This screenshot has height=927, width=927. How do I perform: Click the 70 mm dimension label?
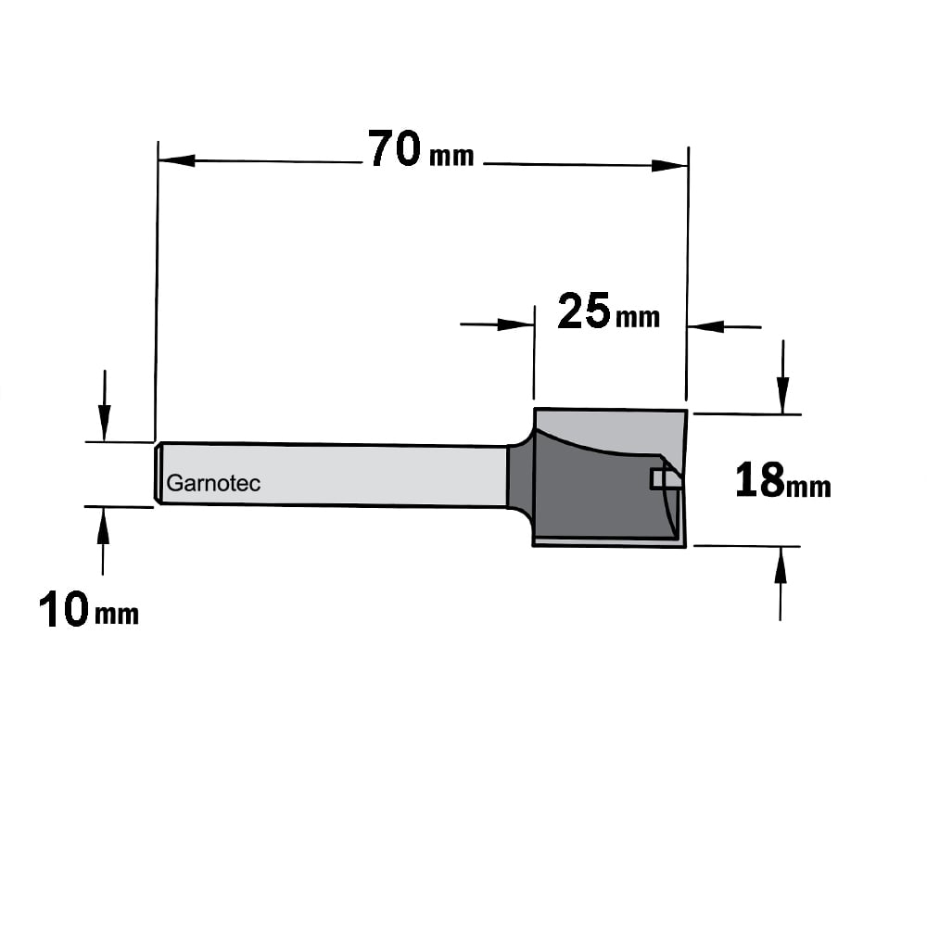pyautogui.click(x=421, y=149)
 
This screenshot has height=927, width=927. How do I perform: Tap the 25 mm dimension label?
pyautogui.click(x=608, y=311)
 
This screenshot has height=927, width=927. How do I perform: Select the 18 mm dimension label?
pyautogui.click(x=782, y=480)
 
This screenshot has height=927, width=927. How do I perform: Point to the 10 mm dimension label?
pyautogui.click(x=89, y=610)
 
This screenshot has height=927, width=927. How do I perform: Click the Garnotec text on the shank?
pyautogui.click(x=213, y=483)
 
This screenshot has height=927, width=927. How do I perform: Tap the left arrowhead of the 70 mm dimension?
pyautogui.click(x=177, y=160)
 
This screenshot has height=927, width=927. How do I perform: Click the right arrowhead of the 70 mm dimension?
pyautogui.click(x=669, y=166)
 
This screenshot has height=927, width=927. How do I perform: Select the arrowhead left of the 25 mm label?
pyautogui.click(x=516, y=324)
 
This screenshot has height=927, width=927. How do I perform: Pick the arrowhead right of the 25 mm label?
pyautogui.click(x=705, y=325)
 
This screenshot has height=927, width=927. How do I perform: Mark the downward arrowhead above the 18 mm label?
pyautogui.click(x=782, y=396)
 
